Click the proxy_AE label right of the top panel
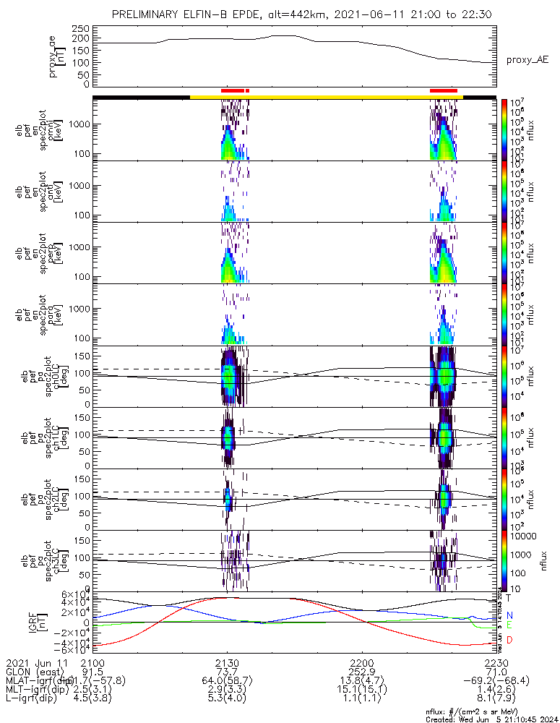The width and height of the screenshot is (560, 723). click(527, 60)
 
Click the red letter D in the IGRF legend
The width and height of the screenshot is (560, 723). click(509, 640)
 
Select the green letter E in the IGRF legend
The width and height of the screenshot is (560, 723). click(509, 625)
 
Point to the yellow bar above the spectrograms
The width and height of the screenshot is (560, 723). click(325, 96)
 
